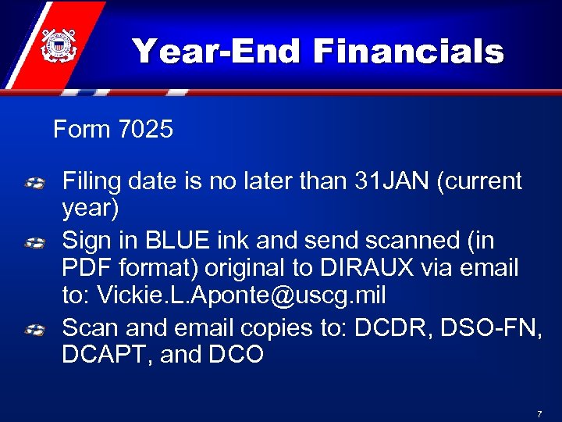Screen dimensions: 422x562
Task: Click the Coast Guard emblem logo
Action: [x=57, y=45]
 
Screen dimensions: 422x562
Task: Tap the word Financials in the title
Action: [x=408, y=52]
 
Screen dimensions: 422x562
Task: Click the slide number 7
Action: [x=539, y=412]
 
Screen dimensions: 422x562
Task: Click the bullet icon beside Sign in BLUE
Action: [x=34, y=243]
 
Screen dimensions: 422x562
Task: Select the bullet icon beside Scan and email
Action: [x=34, y=330]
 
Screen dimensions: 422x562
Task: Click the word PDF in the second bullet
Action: [x=85, y=268]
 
